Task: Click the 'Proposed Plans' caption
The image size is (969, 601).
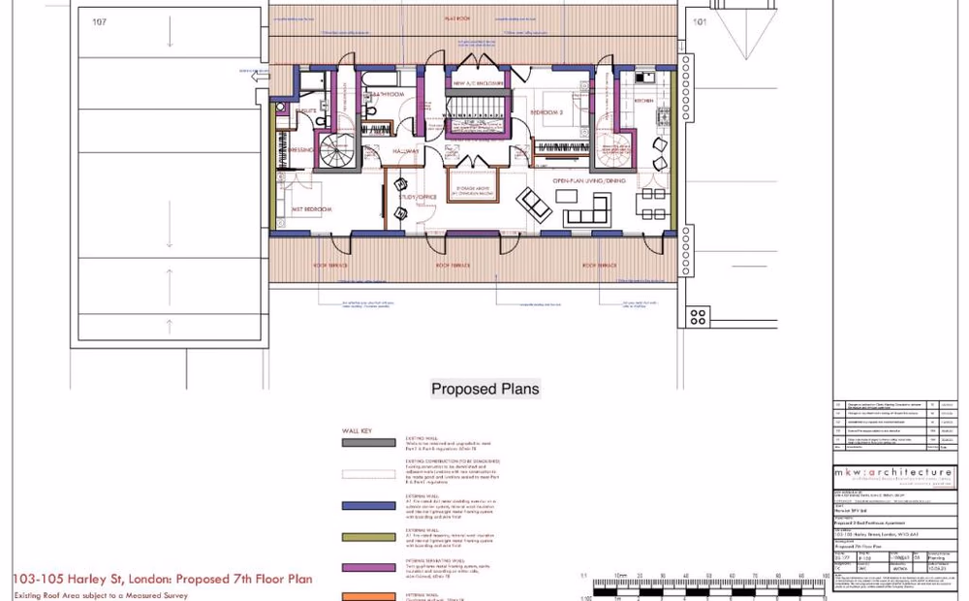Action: click(x=484, y=390)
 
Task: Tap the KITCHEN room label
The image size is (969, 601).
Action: click(x=643, y=100)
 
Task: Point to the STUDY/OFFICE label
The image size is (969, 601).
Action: click(x=418, y=197)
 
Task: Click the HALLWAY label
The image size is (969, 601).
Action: click(x=406, y=152)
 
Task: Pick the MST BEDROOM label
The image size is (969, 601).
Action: click(x=312, y=209)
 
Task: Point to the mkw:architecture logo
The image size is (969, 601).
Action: click(x=892, y=472)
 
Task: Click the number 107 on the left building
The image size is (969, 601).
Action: click(x=99, y=21)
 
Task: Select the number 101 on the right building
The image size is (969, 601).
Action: click(x=701, y=21)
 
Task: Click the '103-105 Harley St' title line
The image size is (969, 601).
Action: click(x=162, y=580)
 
